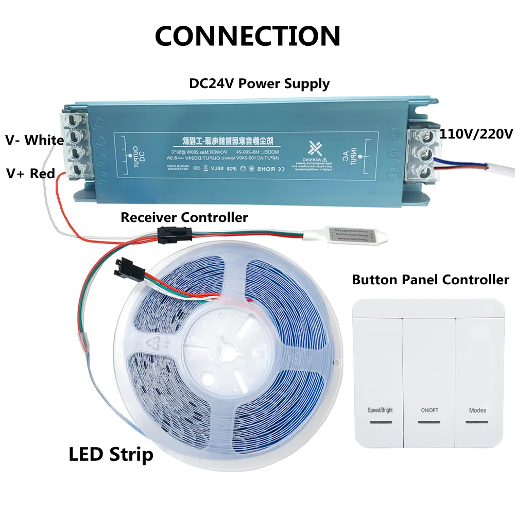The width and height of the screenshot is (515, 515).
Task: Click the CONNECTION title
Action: (x=248, y=36)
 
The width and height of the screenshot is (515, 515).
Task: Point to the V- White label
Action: (x=35, y=140)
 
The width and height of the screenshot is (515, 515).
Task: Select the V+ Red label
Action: (x=30, y=174)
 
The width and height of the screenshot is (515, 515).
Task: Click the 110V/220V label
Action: (x=476, y=134)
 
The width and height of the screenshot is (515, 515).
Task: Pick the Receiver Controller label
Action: (x=184, y=217)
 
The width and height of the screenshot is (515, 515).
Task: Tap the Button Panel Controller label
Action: (x=431, y=280)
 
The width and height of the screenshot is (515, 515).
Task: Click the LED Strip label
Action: (x=111, y=454)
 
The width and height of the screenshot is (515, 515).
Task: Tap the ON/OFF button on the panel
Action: (x=429, y=411)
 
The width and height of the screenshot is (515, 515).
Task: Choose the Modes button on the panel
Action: (x=477, y=411)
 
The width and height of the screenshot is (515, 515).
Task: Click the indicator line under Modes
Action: (x=477, y=422)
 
